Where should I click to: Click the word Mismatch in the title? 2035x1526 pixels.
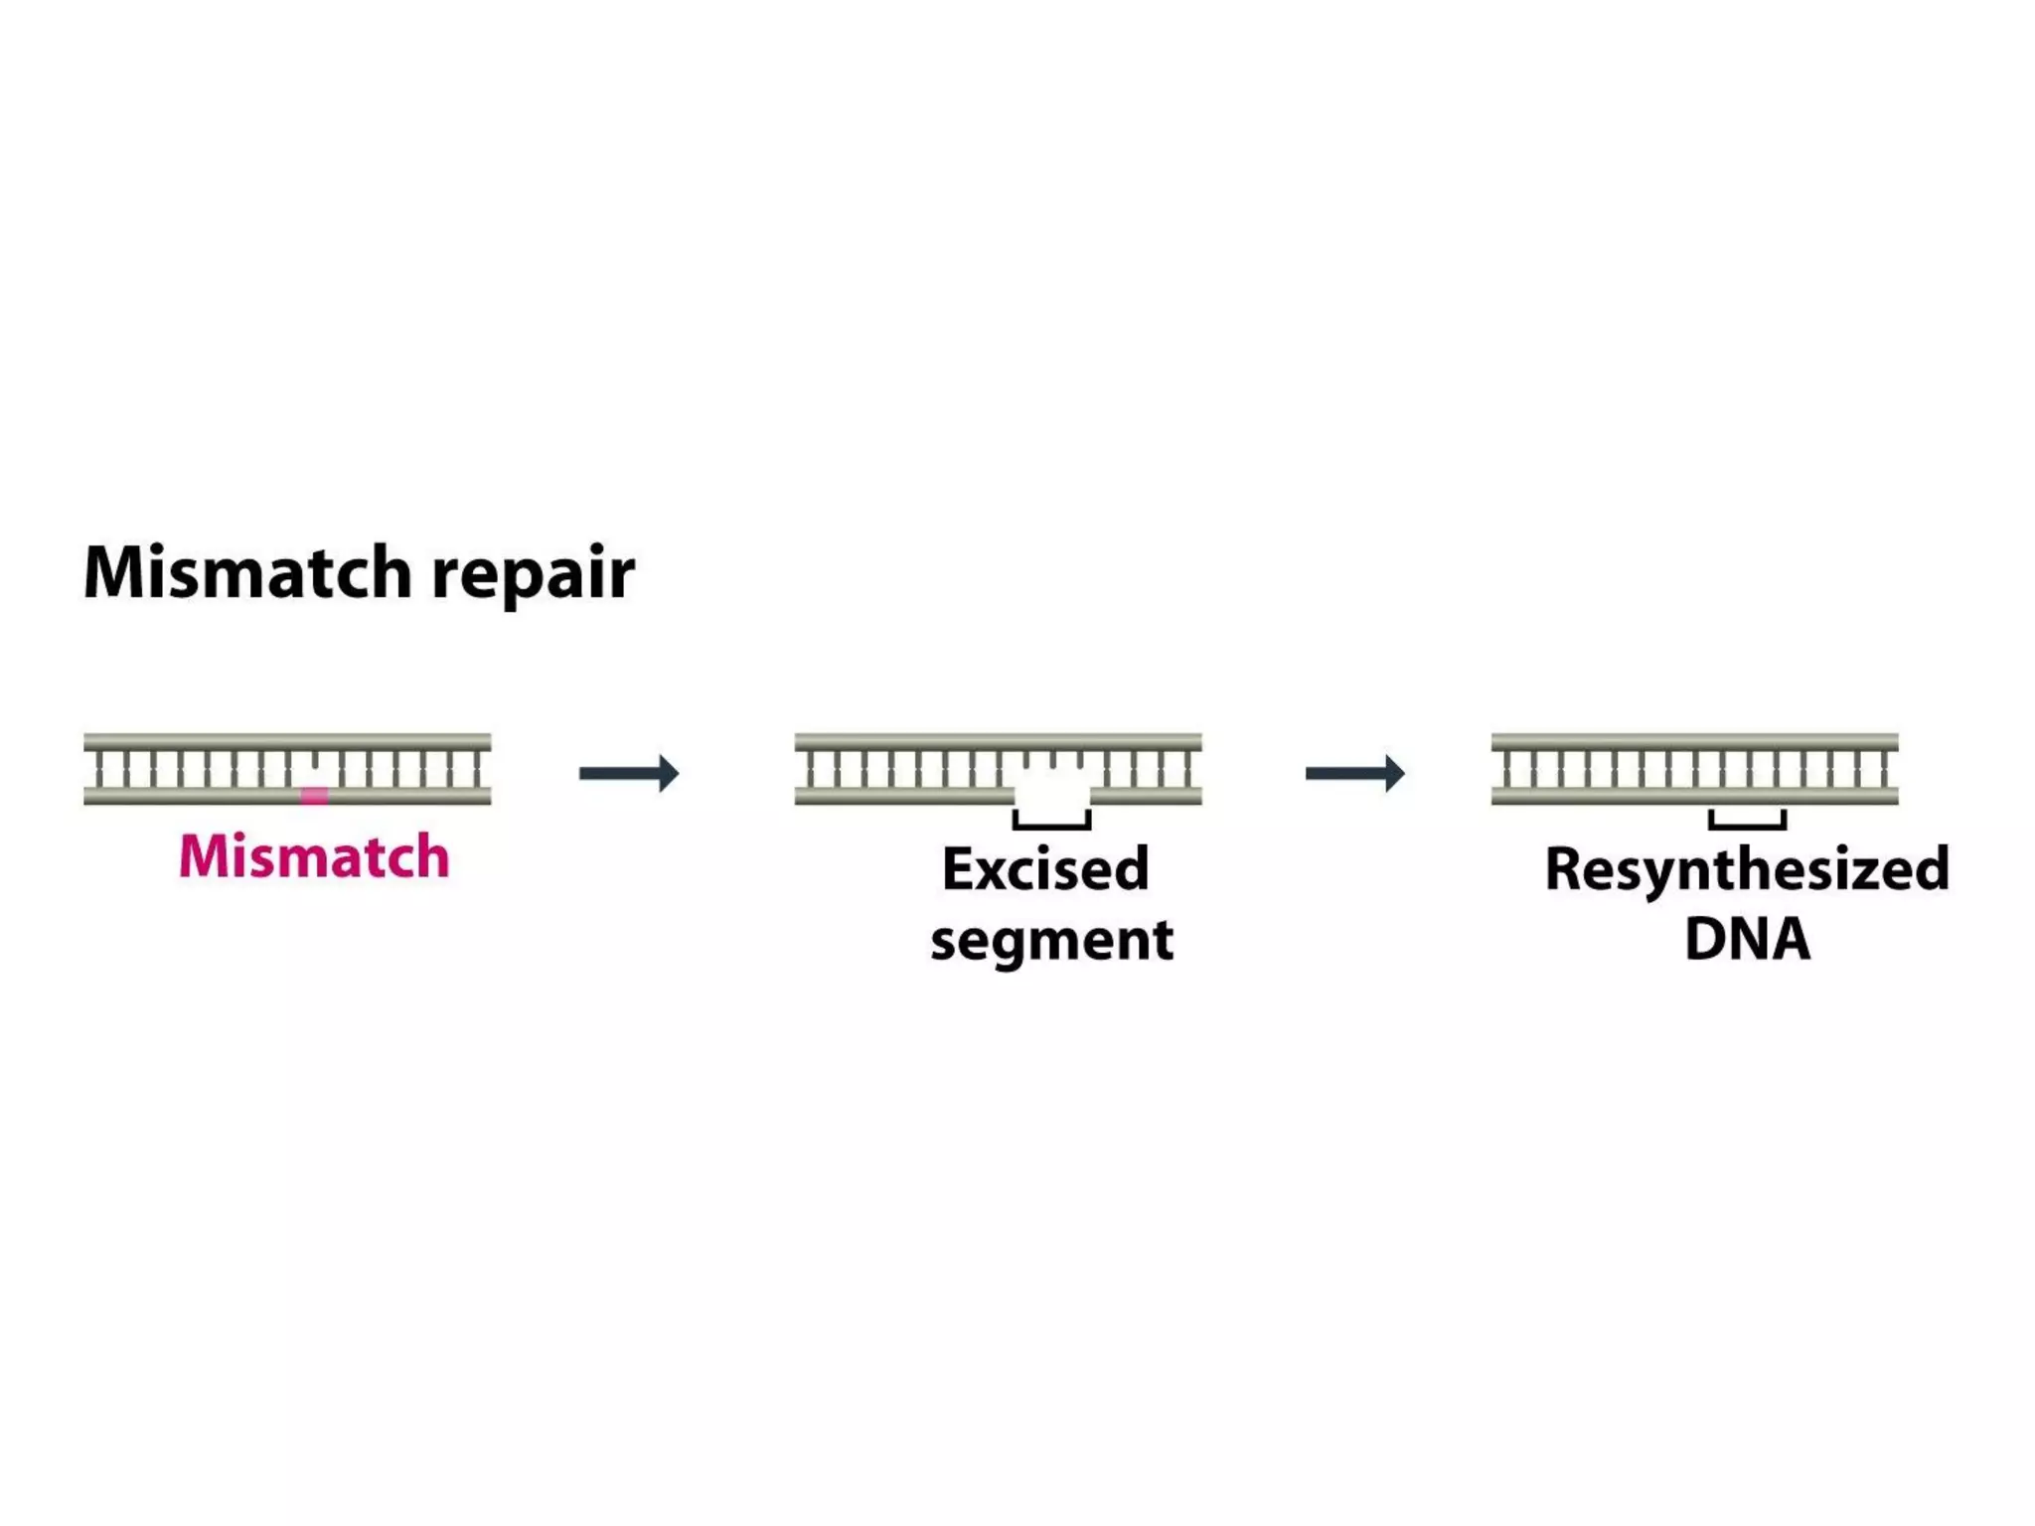click(x=246, y=574)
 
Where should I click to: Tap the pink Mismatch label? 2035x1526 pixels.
click(x=314, y=856)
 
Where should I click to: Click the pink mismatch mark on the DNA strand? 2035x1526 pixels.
click(x=314, y=795)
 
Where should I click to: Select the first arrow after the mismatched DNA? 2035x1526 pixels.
click(x=628, y=773)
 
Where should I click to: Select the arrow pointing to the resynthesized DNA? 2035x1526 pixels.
click(x=1354, y=773)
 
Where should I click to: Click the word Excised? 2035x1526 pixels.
click(x=1045, y=869)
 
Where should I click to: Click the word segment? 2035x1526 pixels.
click(x=1051, y=940)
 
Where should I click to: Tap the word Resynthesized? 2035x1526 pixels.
click(x=1747, y=869)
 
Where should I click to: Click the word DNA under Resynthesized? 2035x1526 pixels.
click(x=1747, y=938)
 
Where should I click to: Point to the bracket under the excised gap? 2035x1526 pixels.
click(x=1051, y=824)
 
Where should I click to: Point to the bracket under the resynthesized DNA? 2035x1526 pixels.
click(x=1747, y=824)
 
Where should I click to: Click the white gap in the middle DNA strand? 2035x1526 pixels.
click(x=1051, y=793)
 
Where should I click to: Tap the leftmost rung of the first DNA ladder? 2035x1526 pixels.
click(x=99, y=769)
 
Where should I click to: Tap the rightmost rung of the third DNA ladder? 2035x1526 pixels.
click(x=1883, y=769)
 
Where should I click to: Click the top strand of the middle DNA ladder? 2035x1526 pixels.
click(x=998, y=741)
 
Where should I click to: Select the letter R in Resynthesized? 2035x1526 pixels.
click(x=1565, y=868)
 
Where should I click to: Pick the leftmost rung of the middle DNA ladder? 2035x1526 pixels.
click(x=810, y=769)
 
